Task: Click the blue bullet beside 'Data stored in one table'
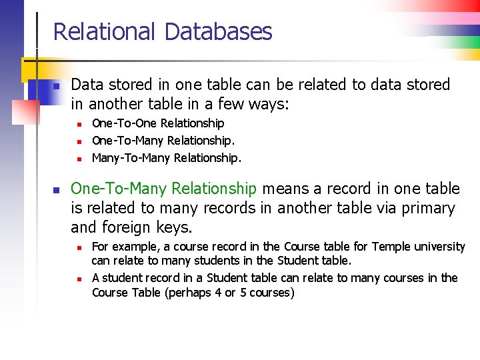click(57, 86)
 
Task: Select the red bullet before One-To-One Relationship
click(78, 124)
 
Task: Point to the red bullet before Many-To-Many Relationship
click(78, 159)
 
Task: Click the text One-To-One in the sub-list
click(117, 123)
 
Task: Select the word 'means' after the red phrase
click(284, 189)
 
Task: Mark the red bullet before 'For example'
click(78, 247)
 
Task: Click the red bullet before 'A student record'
click(78, 278)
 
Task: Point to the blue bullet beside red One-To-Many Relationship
click(57, 190)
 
